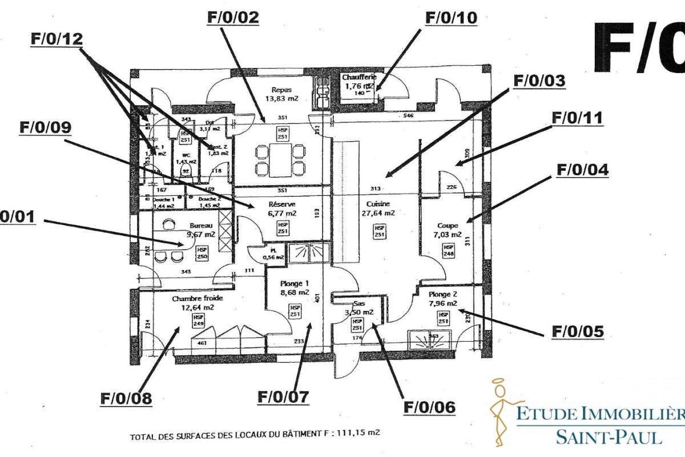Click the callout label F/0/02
[x=233, y=18]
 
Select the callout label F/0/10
[x=451, y=18]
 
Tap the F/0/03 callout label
[x=539, y=81]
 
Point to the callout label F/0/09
[x=45, y=127]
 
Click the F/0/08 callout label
[x=126, y=398]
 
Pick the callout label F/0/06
[x=429, y=407]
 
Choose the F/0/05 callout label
[x=577, y=332]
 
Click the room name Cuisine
[x=378, y=204]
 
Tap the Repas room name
[x=282, y=90]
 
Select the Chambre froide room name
[x=198, y=298]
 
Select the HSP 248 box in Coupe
[x=449, y=250]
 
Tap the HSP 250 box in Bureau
[x=202, y=253]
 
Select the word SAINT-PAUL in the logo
[x=609, y=437]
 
